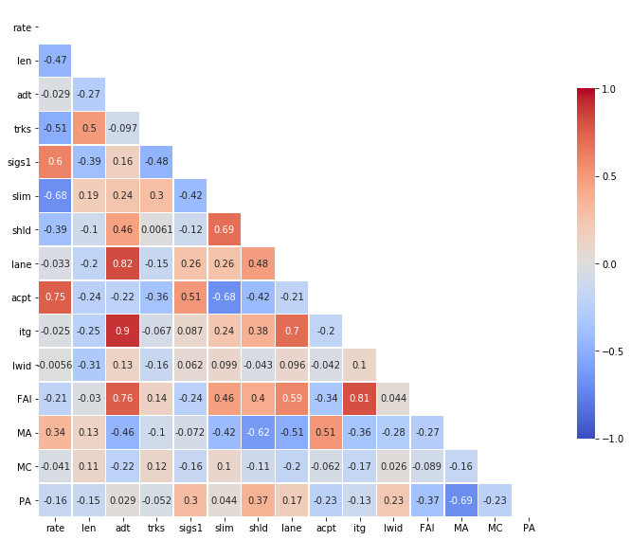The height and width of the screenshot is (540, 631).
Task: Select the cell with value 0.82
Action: point(123,263)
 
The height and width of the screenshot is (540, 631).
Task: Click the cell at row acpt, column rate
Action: point(55,297)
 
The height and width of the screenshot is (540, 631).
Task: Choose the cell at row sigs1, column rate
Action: point(55,162)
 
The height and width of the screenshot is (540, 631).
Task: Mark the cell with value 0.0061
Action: point(156,229)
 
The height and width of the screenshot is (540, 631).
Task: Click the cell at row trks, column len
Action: point(89,128)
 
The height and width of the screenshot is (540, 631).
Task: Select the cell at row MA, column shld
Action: point(258,433)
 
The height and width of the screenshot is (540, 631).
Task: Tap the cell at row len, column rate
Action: point(55,61)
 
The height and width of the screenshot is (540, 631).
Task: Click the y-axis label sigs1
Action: point(20,162)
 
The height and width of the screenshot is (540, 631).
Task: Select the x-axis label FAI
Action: point(427,527)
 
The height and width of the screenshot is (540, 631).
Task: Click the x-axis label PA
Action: point(529,527)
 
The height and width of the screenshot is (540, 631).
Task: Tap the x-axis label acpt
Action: point(326,527)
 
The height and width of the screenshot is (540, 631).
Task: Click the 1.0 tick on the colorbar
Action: point(608,89)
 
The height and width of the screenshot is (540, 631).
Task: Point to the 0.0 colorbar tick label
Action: point(608,263)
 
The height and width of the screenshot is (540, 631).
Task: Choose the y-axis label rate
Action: point(22,27)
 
